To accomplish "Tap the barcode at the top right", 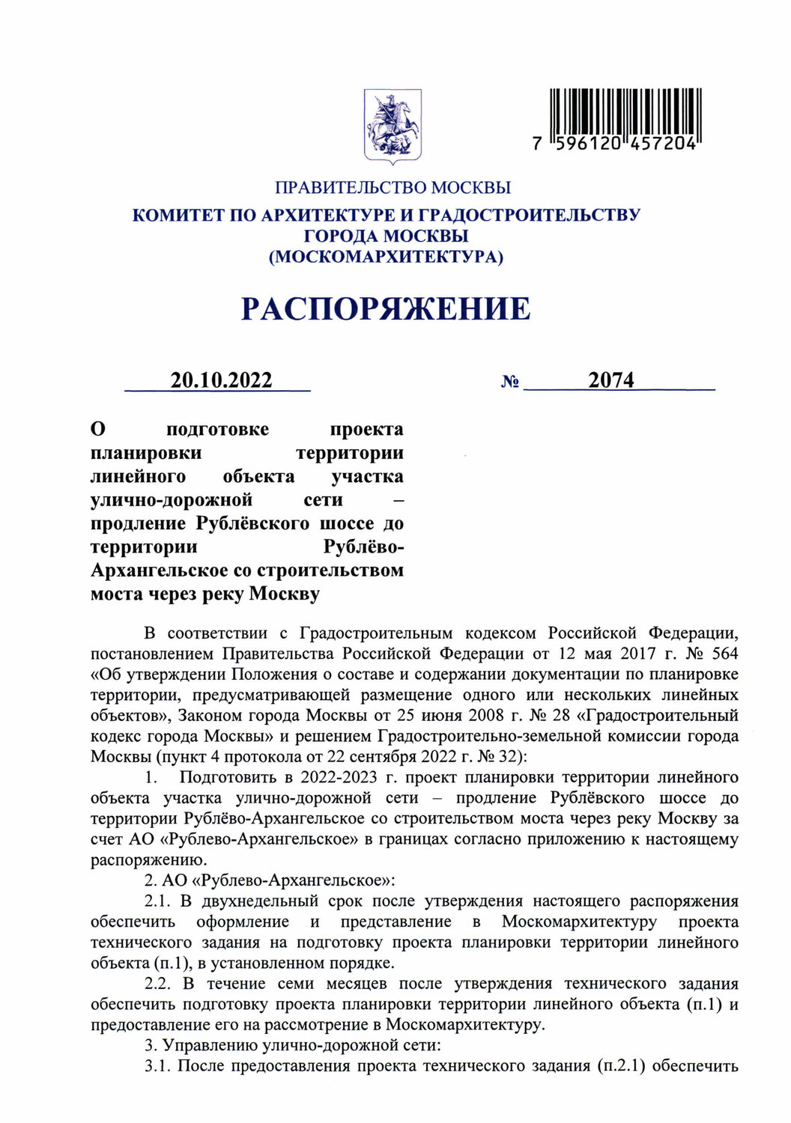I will (625, 113).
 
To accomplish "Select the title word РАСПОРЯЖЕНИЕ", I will (386, 308).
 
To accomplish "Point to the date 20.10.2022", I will (221, 380).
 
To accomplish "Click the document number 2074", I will (610, 380).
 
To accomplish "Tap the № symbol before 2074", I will (510, 382).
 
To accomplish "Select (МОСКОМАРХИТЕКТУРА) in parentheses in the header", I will (386, 257).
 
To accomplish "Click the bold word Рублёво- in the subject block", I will (363, 547).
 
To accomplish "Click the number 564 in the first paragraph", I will (723, 654).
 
